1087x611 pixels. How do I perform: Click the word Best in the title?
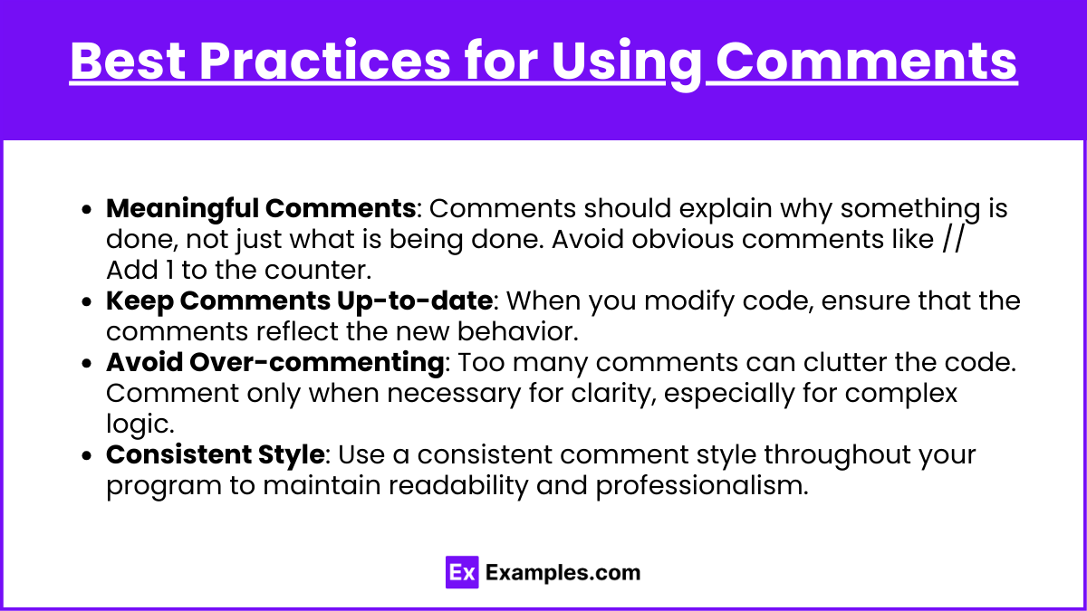click(x=128, y=61)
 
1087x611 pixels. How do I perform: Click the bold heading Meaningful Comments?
click(x=261, y=209)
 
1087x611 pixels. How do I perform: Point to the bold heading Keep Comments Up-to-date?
click(x=300, y=301)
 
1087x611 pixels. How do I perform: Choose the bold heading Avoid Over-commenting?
click(x=274, y=362)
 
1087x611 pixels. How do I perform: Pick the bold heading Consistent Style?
click(x=216, y=455)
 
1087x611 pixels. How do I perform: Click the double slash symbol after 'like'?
click(x=953, y=239)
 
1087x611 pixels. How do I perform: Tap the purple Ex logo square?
click(x=462, y=572)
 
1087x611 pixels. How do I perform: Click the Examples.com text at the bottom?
click(x=563, y=573)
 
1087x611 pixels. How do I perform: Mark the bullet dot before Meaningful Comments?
click(x=87, y=209)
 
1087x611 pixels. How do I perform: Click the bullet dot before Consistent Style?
click(x=87, y=456)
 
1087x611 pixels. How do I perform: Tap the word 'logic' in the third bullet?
click(x=139, y=425)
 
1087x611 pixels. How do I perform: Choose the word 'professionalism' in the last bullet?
click(x=702, y=486)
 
